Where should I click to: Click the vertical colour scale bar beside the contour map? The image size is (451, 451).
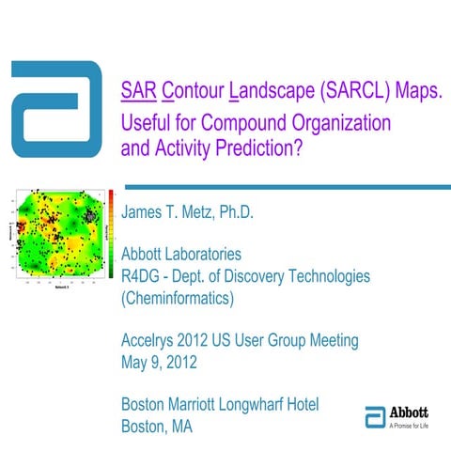[x=112, y=235]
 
